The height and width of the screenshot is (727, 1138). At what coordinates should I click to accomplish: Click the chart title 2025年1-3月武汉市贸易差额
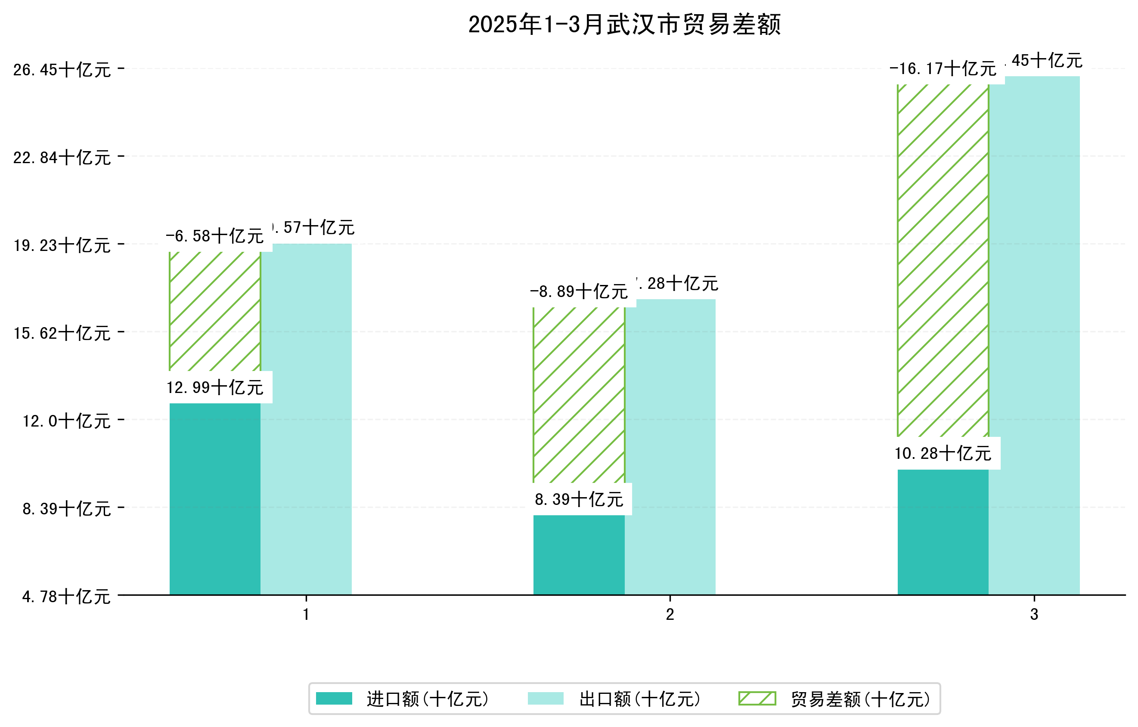click(x=624, y=25)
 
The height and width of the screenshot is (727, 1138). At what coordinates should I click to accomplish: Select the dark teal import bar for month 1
click(x=215, y=498)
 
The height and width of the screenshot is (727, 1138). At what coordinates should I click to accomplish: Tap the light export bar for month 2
click(x=670, y=446)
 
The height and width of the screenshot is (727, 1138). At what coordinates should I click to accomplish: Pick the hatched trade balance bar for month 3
click(x=943, y=260)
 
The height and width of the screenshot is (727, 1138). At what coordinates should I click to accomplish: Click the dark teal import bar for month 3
click(x=943, y=532)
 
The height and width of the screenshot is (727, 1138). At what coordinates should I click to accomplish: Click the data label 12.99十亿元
click(x=215, y=388)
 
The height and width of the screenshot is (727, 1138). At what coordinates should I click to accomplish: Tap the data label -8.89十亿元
click(x=579, y=292)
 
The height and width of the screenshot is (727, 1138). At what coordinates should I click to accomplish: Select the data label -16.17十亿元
click(x=943, y=69)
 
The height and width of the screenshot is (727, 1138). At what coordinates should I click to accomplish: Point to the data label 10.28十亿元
click(x=943, y=454)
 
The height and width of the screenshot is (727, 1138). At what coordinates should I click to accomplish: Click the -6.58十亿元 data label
click(x=215, y=236)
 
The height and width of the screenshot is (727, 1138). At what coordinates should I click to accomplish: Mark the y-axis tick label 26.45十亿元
click(x=62, y=70)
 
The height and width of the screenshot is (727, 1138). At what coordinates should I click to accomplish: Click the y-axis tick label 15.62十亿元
click(x=62, y=333)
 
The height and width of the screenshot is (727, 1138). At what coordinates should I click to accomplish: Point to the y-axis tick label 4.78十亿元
click(x=66, y=597)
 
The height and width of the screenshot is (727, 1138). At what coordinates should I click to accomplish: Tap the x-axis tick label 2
click(x=670, y=615)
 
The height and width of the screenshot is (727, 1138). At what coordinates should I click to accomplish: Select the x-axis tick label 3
click(x=1034, y=615)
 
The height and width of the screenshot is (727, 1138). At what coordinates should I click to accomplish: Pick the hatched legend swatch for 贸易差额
click(x=757, y=699)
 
